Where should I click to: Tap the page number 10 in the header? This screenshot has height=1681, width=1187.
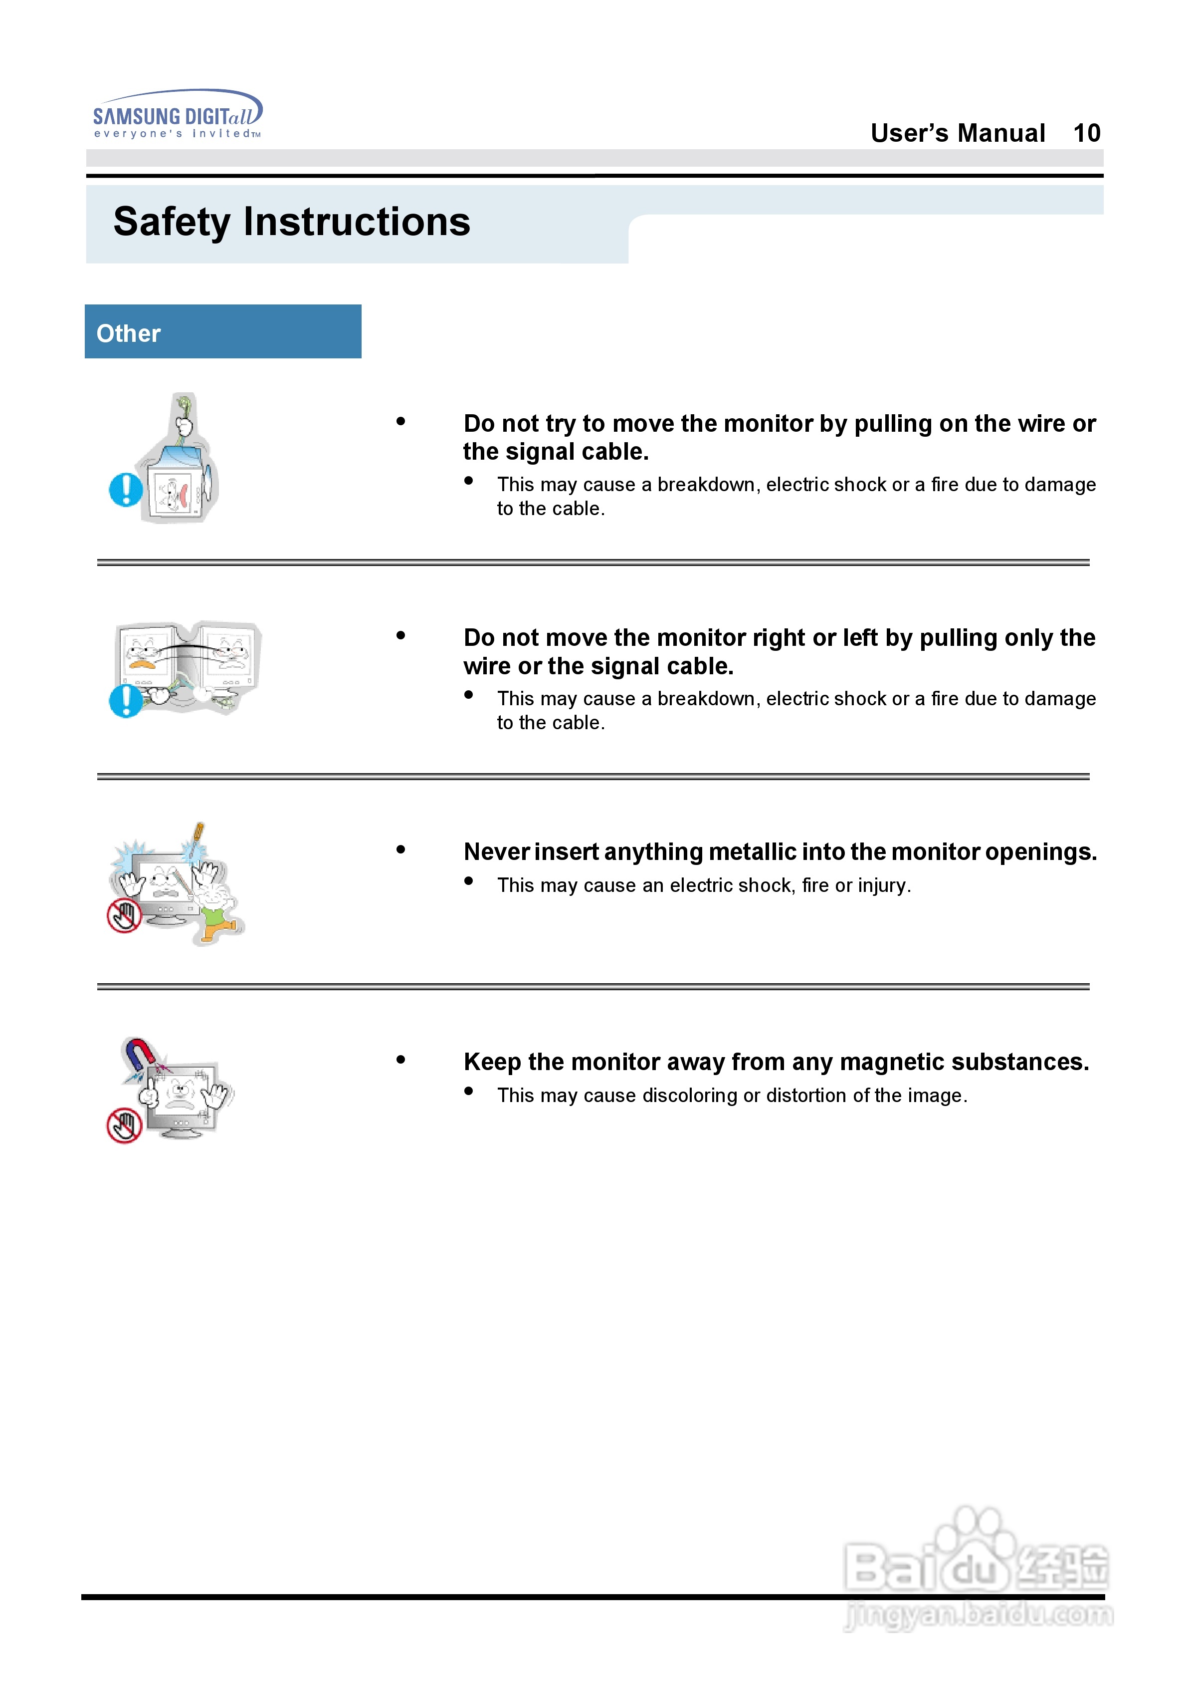pos(1086,133)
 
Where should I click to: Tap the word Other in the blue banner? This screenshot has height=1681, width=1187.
pos(128,334)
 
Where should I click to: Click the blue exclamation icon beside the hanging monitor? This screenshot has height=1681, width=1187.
pos(125,490)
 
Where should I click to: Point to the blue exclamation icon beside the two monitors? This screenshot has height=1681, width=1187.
pos(125,701)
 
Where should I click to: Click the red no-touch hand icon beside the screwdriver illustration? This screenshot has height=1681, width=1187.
pos(124,916)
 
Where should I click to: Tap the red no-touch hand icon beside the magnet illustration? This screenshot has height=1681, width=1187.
pos(124,1126)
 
